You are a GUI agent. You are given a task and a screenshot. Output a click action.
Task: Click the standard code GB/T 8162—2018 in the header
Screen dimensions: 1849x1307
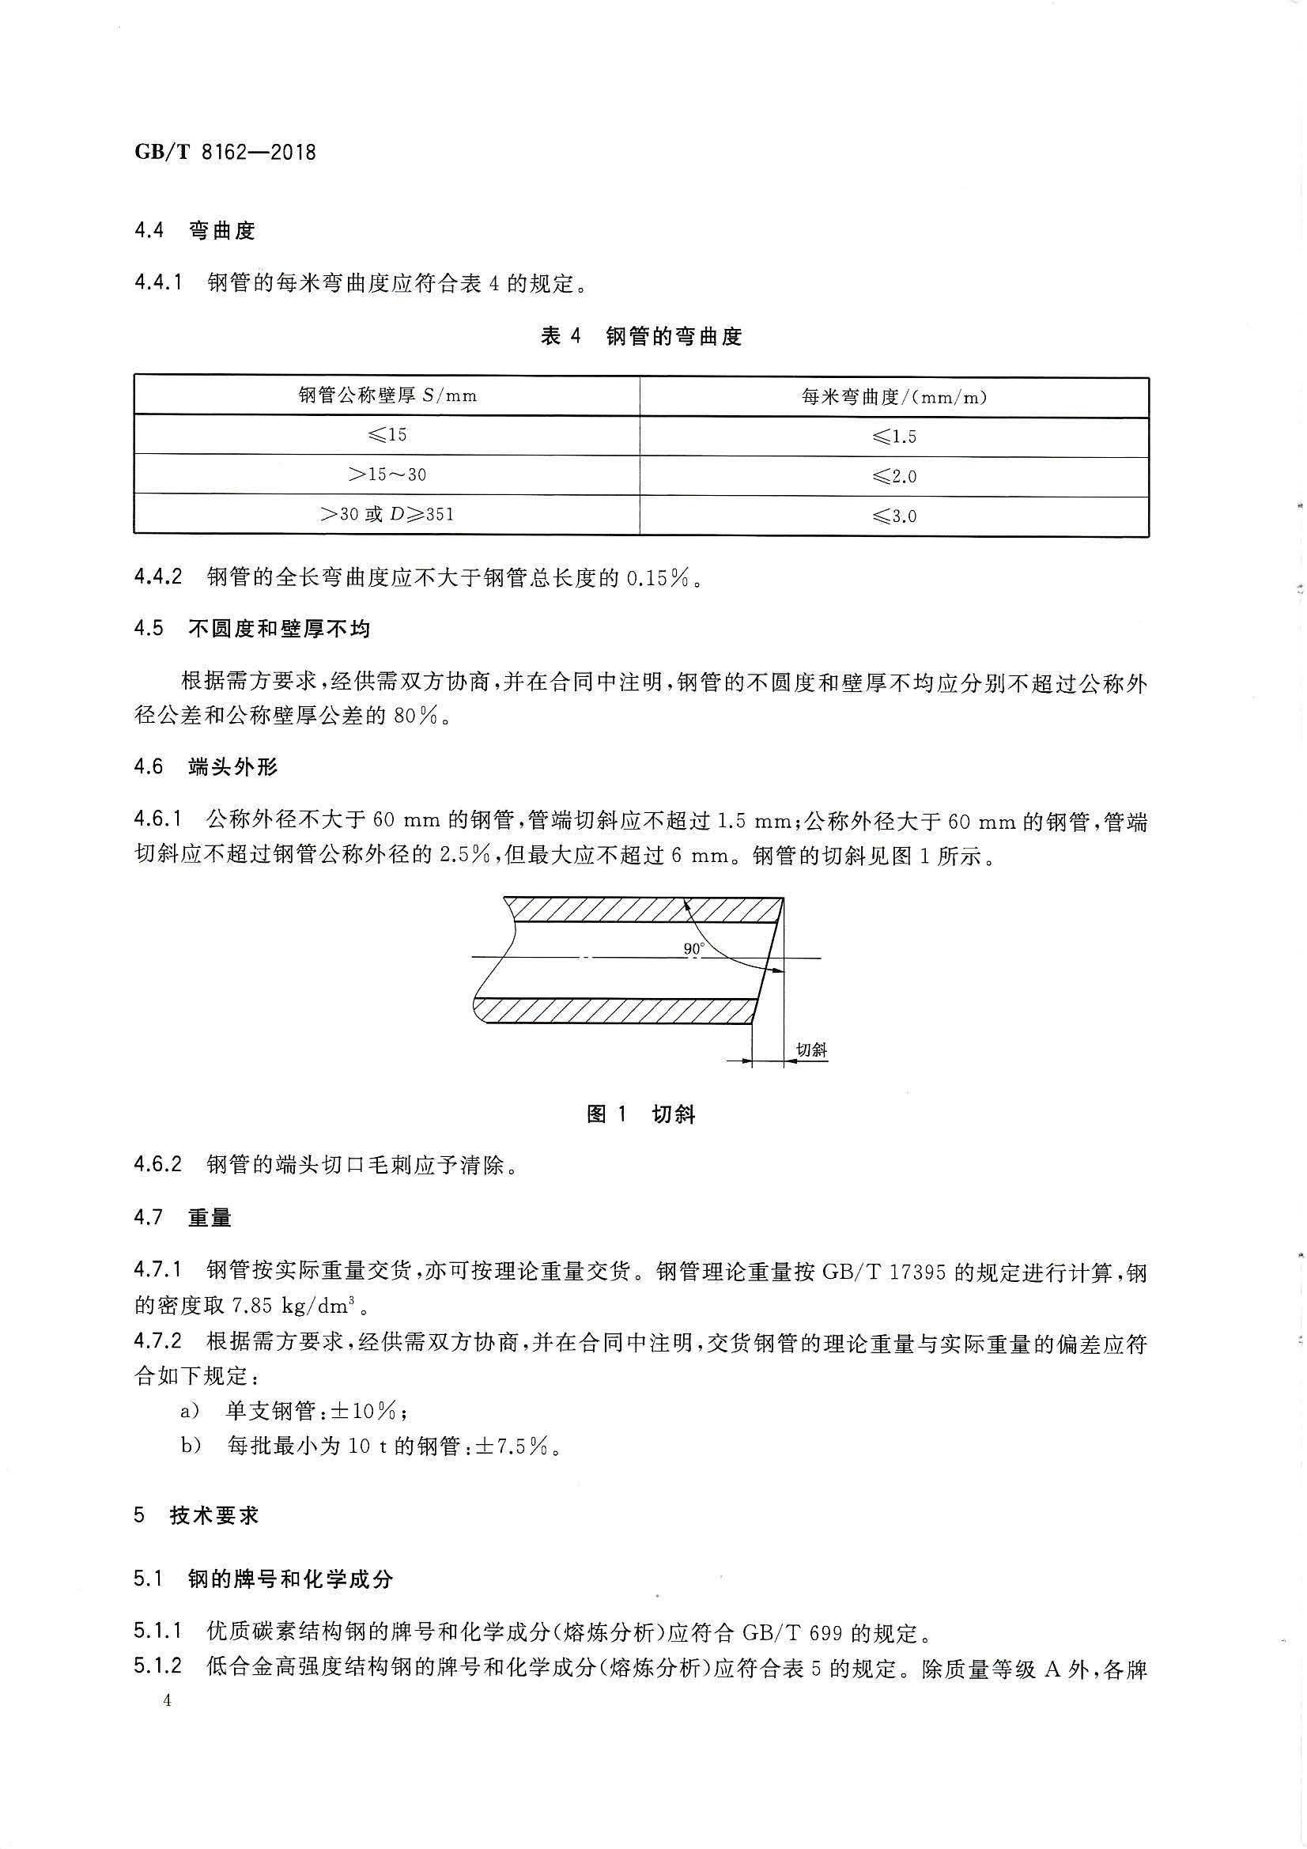(225, 151)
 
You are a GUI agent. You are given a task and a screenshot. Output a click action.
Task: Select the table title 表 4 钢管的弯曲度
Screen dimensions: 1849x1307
(641, 337)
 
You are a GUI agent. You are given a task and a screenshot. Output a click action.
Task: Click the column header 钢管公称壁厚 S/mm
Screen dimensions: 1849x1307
(387, 395)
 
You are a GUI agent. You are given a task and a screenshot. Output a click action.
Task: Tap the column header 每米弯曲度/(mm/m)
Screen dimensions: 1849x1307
(894, 396)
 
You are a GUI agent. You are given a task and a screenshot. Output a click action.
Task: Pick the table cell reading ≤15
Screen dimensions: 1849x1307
(387, 435)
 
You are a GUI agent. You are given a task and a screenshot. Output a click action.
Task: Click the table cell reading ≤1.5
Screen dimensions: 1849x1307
(894, 437)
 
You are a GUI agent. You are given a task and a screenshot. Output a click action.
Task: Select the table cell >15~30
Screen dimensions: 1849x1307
(387, 475)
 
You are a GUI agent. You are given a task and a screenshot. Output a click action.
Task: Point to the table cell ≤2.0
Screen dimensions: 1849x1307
(894, 476)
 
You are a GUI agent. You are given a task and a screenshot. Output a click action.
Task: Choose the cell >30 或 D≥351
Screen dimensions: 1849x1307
(387, 514)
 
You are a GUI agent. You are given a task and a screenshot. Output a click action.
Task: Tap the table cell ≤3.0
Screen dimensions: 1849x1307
(894, 516)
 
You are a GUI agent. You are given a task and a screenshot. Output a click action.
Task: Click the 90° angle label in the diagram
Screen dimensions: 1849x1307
(693, 950)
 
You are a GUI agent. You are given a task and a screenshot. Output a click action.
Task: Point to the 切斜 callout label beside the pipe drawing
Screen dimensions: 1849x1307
(811, 1049)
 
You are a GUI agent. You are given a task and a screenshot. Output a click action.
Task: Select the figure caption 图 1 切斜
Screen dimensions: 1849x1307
(641, 1114)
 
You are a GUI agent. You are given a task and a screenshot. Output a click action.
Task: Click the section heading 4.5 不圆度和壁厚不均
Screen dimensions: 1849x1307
(252, 628)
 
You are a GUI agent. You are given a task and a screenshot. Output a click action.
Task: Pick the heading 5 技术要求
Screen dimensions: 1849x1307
(197, 1514)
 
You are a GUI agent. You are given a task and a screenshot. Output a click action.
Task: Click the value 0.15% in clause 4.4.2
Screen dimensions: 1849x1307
(656, 577)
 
